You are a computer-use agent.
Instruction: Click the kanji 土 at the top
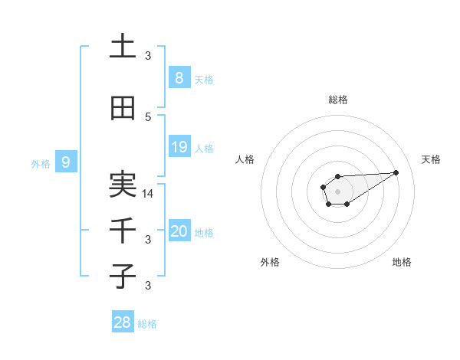(x=123, y=47)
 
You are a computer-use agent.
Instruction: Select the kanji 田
(x=123, y=109)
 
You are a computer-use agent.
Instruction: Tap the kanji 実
(x=123, y=185)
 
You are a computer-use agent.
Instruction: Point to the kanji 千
(x=123, y=231)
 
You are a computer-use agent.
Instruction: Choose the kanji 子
(x=123, y=276)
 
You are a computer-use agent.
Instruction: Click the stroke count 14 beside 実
(x=149, y=194)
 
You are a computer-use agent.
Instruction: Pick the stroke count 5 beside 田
(x=149, y=117)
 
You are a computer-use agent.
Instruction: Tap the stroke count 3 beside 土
(x=149, y=56)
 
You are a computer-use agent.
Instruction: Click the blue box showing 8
(x=179, y=77)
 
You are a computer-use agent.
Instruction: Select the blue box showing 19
(x=179, y=147)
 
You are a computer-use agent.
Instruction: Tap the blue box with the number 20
(x=179, y=231)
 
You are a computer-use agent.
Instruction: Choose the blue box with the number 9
(x=66, y=162)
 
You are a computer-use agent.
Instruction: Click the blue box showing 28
(x=122, y=322)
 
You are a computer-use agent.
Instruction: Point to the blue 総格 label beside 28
(x=147, y=324)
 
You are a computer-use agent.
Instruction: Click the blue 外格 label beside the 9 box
(x=41, y=163)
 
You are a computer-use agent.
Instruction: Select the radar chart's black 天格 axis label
(x=431, y=159)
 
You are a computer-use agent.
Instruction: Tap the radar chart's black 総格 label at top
(x=337, y=100)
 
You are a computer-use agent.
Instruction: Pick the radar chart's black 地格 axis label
(x=402, y=262)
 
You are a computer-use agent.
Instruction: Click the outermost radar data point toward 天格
(x=396, y=172)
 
